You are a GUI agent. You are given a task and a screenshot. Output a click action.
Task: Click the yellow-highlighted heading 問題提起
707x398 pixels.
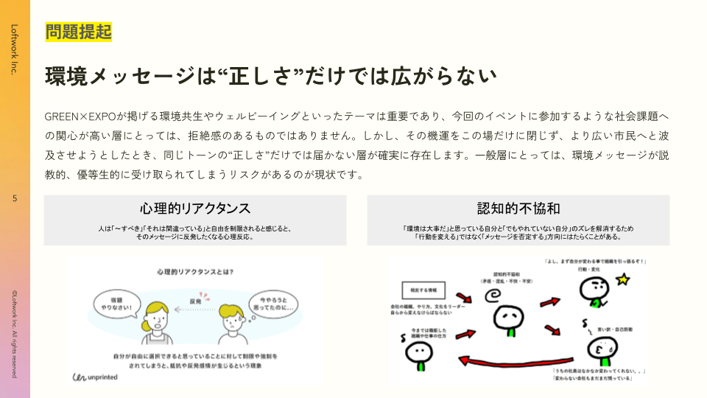tap(78, 32)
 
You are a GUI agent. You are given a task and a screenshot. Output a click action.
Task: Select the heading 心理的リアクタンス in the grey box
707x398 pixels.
tap(195, 208)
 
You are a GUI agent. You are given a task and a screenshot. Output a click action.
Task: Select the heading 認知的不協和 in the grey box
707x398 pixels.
tap(518, 208)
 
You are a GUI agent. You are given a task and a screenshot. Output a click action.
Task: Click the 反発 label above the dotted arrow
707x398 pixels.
tap(195, 301)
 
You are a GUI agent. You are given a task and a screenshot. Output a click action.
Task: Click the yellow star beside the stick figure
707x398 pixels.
tap(623, 279)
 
